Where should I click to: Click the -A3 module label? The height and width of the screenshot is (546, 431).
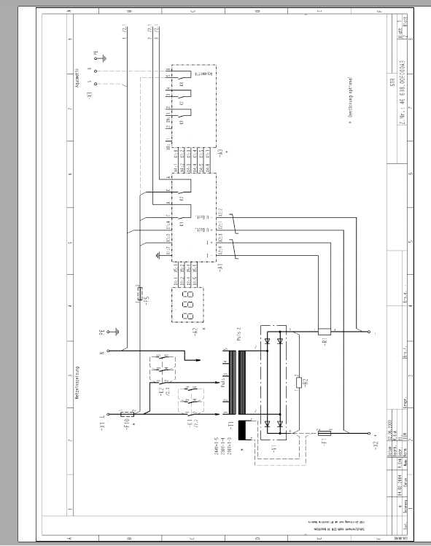[x=222, y=152]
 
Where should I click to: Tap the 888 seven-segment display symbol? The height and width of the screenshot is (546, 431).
[x=186, y=305]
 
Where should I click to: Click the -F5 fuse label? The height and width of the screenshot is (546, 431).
[x=147, y=300]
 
